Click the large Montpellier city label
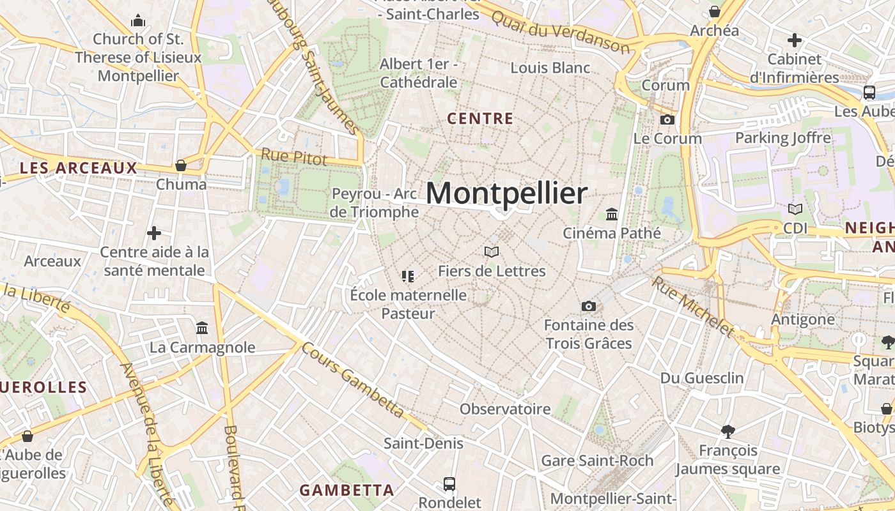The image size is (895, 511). click(506, 194)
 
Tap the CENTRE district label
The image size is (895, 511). click(480, 119)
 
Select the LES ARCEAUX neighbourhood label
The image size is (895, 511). click(79, 168)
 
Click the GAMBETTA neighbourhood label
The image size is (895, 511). click(346, 491)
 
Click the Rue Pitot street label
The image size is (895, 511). click(294, 156)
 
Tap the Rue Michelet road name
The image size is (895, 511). click(694, 305)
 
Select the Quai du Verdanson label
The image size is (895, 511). click(561, 30)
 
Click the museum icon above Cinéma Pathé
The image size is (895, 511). click(612, 214)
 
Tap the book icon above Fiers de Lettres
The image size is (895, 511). click(491, 252)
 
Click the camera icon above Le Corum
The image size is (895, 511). click(667, 119)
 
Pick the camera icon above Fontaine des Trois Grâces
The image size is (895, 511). click(588, 307)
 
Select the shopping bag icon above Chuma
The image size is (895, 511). click(181, 166)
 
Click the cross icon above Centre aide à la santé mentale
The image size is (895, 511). click(154, 233)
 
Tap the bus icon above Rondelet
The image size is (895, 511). click(449, 484)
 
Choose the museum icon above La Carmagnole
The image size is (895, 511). click(202, 328)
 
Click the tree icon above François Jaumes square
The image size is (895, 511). click(728, 432)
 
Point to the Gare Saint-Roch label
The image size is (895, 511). click(597, 461)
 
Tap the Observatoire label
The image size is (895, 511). click(505, 409)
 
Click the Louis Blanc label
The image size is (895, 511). click(550, 68)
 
